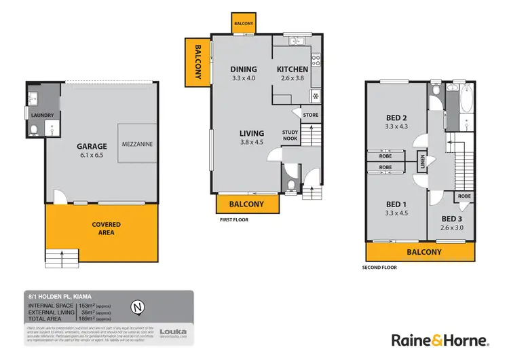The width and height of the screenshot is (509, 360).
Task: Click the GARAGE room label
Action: pos(91,146)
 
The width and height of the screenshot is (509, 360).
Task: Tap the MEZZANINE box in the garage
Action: pos(140,143)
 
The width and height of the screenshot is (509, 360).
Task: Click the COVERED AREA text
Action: pos(106,228)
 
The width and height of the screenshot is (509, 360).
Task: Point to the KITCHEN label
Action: pos(293,69)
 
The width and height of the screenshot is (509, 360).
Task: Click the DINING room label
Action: pos(243,69)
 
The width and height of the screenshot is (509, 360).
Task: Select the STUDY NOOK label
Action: pos(290,136)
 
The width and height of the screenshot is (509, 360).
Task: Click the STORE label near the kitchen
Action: pos(310,115)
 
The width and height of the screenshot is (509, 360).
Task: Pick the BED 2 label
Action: pos(396,117)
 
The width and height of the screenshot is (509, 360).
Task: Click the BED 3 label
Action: pos(451,219)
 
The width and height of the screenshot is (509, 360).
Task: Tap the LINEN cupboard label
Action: pos(423,163)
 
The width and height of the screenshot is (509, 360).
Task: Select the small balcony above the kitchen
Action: pos(243,22)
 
